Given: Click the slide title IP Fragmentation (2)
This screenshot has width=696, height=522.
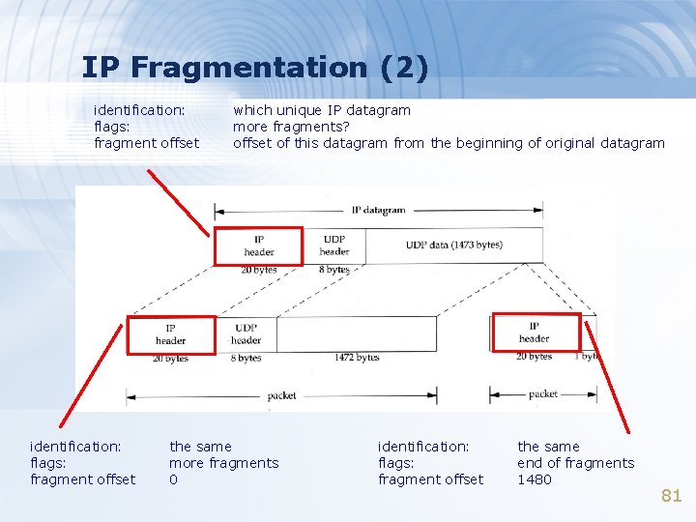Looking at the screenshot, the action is (254, 68).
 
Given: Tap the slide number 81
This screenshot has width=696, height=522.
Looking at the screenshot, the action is (671, 496).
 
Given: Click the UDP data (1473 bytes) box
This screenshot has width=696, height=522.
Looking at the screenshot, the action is (454, 245).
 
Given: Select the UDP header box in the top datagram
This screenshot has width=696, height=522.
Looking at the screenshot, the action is (334, 246).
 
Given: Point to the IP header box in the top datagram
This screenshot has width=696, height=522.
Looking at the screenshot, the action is (258, 246).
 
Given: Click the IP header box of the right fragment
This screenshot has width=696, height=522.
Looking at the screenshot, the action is (535, 333).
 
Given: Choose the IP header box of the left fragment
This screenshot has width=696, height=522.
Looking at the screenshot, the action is (171, 333).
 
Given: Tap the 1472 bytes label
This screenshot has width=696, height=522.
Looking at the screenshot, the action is (357, 358).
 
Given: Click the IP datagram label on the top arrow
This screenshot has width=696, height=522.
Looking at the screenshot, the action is (378, 210).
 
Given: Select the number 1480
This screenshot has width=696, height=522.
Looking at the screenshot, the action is (535, 479).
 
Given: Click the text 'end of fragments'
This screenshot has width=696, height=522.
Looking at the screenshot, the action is (575, 463).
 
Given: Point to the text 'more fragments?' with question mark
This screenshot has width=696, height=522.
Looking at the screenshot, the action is (291, 127).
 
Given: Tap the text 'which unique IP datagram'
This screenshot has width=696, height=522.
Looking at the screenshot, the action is (322, 110).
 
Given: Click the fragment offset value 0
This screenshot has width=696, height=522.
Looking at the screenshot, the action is (174, 479).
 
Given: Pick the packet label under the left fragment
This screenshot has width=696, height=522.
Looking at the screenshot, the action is (281, 395).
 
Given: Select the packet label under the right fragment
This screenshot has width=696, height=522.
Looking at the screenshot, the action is (543, 394).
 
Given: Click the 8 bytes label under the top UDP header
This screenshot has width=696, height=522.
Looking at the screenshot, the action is (333, 270).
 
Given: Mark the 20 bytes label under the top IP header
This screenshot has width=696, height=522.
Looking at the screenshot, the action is (258, 270).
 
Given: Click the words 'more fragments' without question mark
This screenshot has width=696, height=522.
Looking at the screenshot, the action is (223, 463).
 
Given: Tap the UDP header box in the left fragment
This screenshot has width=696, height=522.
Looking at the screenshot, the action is (246, 333).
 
